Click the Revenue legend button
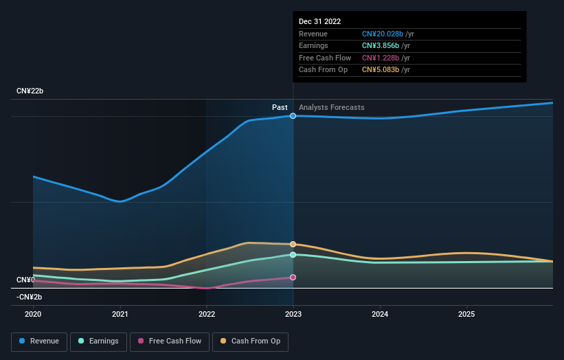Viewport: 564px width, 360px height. (x=39, y=341)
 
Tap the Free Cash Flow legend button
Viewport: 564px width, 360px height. (x=170, y=341)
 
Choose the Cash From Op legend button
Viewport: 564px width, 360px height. (x=251, y=341)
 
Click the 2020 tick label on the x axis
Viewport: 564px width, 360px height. (x=33, y=314)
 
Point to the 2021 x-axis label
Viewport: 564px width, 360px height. (x=120, y=314)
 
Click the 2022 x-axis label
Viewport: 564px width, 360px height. (x=207, y=314)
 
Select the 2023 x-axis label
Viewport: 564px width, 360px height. (x=293, y=314)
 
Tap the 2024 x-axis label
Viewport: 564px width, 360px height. (x=380, y=314)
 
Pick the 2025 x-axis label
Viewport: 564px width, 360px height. (x=466, y=314)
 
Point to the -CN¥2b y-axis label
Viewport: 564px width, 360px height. (x=30, y=297)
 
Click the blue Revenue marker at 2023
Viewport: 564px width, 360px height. (x=293, y=116)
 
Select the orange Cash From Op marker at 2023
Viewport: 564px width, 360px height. (x=293, y=244)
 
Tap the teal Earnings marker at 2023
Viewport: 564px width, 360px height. (x=293, y=255)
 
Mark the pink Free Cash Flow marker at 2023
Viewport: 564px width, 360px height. (x=293, y=278)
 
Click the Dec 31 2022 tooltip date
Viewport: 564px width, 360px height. (x=319, y=22)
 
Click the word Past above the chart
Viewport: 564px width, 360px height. (x=280, y=107)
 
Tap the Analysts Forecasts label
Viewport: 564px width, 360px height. (x=332, y=107)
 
